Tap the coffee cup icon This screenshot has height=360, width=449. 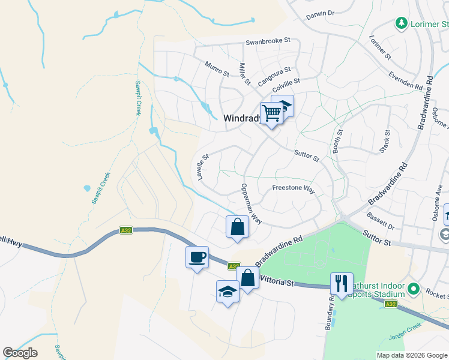coord(197,257)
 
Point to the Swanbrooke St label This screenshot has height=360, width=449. coord(268,41)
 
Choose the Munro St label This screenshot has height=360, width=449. coord(217,68)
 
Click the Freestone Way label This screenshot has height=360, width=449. coord(294,188)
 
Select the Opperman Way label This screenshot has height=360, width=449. coord(252,205)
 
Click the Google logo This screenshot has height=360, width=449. coord(20,353)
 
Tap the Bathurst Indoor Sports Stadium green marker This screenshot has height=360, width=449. coord(412,290)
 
